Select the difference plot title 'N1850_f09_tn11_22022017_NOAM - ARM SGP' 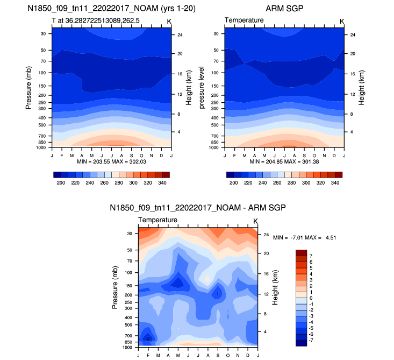[x=198, y=208]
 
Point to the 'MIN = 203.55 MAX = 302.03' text [x=112, y=161]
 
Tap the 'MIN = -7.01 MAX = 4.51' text [x=305, y=237]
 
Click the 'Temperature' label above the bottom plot [x=157, y=221]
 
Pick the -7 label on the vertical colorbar [x=312, y=341]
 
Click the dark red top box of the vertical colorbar [x=301, y=252]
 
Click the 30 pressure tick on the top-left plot [x=43, y=33]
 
